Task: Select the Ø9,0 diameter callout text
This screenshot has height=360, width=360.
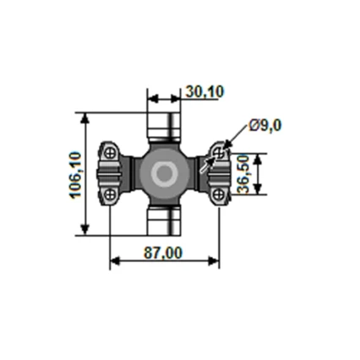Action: (x=265, y=126)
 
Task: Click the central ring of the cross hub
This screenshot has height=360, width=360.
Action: (x=163, y=175)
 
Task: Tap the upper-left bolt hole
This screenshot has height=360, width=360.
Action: (x=110, y=153)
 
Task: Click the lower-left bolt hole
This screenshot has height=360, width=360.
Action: (x=110, y=196)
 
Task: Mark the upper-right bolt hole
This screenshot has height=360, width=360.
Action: (x=219, y=153)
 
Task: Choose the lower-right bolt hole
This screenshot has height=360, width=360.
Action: (x=219, y=196)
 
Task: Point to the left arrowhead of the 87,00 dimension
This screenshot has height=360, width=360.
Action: (x=115, y=260)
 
